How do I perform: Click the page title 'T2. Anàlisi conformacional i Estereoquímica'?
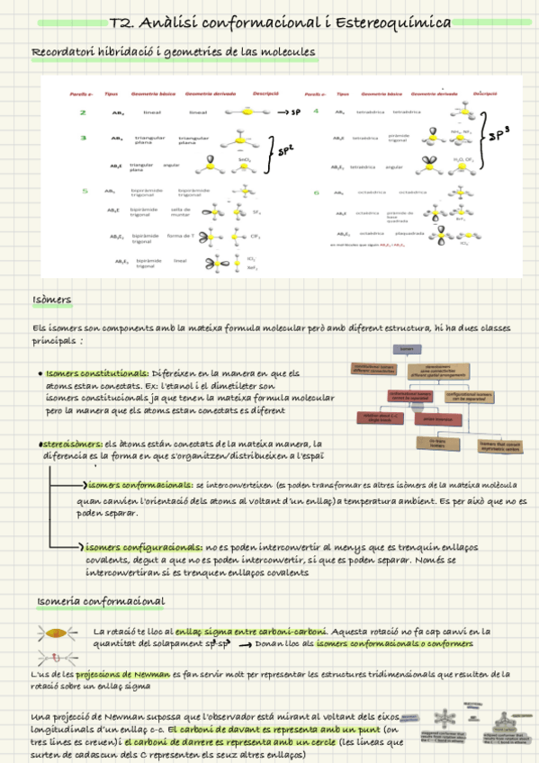point(279,22)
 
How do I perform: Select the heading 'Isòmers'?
point(52,300)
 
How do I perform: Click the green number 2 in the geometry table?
point(83,112)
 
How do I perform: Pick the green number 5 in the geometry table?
point(85,191)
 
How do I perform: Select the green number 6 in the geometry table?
point(316,192)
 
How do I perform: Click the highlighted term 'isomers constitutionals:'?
point(96,373)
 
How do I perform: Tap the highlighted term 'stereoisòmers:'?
point(71,444)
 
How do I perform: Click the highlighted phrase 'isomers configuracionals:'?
point(144,547)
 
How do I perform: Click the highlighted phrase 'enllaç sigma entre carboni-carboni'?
point(251,631)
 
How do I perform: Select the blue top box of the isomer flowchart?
point(408,349)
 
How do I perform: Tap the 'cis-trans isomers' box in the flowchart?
point(437,442)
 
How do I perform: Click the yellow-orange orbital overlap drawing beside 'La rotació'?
point(56,633)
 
